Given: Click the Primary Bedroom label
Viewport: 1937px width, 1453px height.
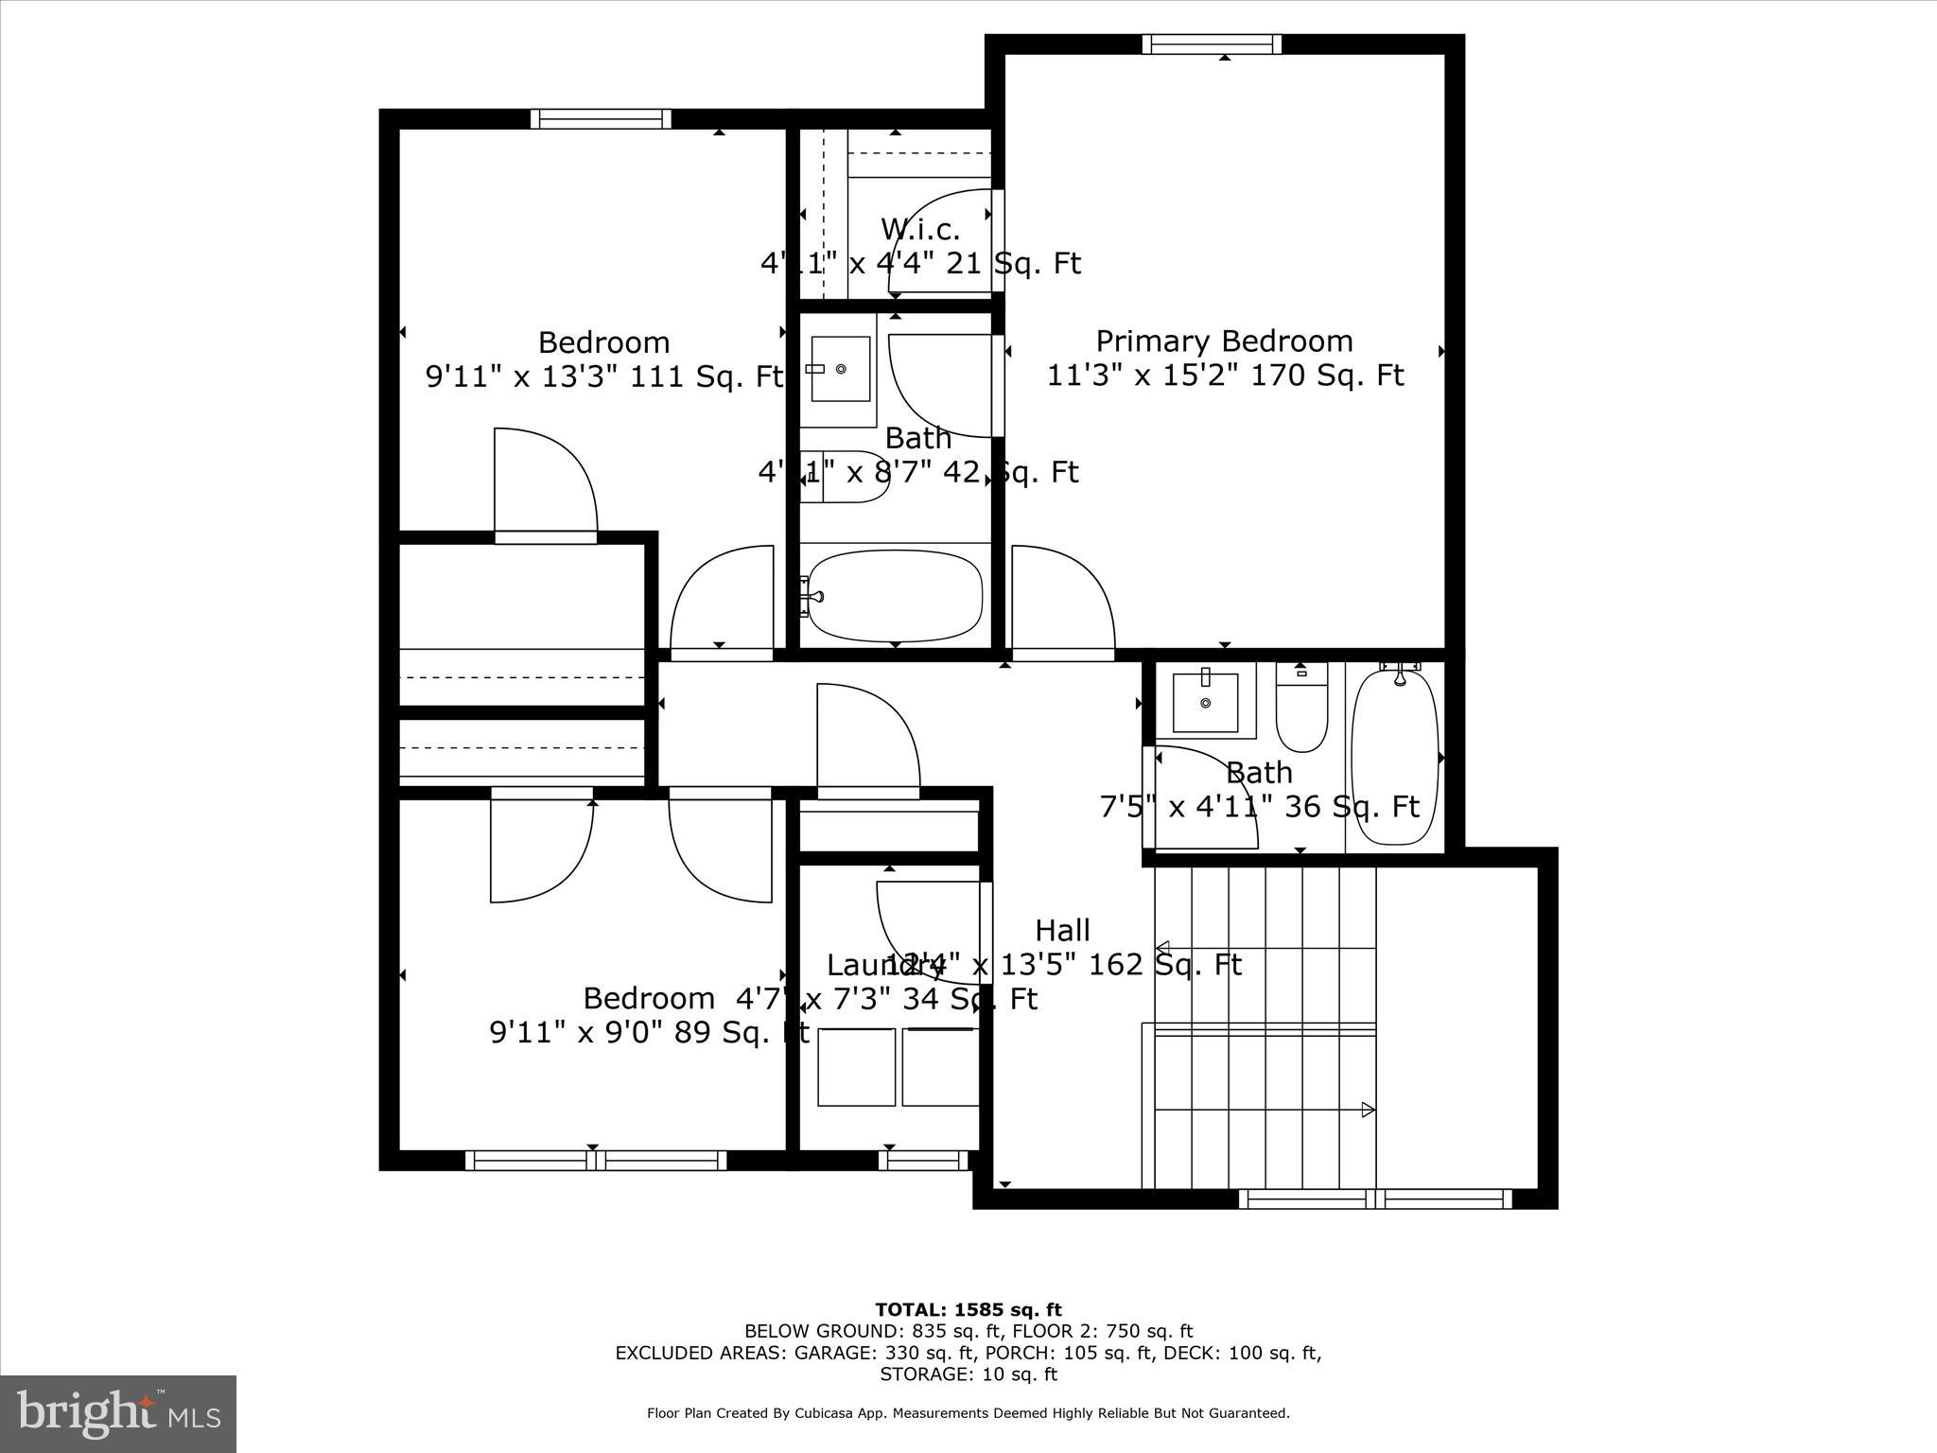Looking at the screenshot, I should pos(1224,341).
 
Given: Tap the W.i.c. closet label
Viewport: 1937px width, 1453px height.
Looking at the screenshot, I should pos(919,229).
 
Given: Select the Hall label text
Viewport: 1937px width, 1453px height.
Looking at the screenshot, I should pos(1062,930).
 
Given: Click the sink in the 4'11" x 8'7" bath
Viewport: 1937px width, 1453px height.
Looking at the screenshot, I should pos(840,369).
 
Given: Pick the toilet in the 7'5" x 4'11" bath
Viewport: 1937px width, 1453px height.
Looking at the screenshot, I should pos(1301,709).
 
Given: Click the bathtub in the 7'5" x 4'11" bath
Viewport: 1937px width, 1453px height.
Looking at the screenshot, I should pos(1395,757).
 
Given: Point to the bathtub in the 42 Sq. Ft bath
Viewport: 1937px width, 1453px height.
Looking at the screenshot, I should pos(895,596).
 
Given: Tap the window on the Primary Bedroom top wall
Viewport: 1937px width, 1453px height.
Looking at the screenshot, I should pos(1212,44).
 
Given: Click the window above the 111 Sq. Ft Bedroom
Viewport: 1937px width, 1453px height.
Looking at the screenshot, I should pos(601,118).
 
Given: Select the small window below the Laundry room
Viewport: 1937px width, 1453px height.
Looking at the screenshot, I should pos(923,1160).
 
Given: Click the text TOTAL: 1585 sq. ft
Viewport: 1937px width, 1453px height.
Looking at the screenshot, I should pos(968,1309).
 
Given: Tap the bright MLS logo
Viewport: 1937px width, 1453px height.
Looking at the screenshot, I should pos(118,1415).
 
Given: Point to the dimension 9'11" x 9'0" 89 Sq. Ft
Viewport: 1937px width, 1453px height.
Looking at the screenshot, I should pos(649,1032).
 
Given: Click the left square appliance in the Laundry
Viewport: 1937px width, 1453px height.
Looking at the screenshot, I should pos(856,1067).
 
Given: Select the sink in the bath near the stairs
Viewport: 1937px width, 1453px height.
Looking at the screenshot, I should pos(1205,703).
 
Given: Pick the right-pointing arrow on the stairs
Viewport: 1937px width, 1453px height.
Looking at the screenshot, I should pos(1368,1110).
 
